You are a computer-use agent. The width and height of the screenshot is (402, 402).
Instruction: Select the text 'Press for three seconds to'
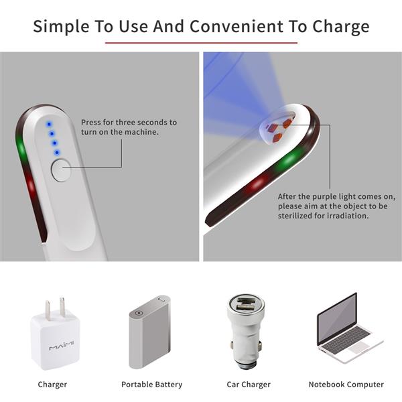point(129,123)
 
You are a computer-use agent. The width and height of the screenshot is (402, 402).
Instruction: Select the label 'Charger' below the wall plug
point(52,385)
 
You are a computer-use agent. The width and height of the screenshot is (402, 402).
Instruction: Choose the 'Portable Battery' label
point(151,385)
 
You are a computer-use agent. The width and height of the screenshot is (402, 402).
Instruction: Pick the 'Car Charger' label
point(249,385)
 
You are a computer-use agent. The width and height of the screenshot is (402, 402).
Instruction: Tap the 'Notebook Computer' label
point(346,385)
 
